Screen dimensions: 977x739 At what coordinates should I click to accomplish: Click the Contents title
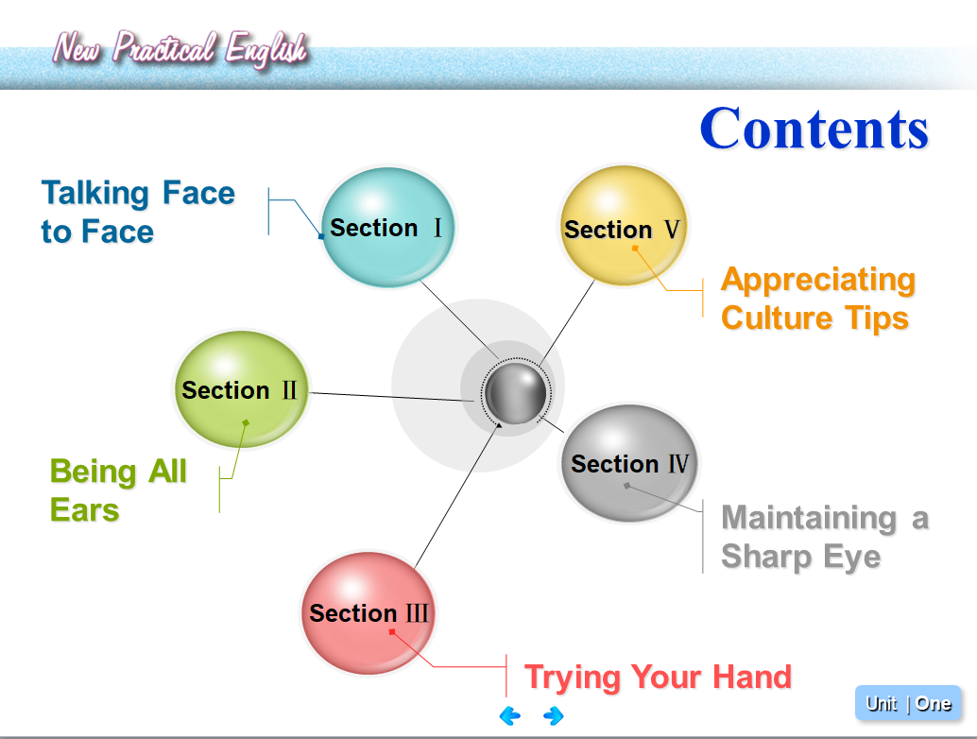(814, 129)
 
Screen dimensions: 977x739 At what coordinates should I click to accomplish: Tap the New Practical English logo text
(180, 48)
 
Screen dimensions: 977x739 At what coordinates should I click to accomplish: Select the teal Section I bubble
(387, 228)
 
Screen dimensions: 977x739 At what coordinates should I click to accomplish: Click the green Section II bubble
(241, 389)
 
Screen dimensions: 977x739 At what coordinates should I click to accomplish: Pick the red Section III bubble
(369, 613)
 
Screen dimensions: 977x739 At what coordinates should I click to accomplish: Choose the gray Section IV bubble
(629, 463)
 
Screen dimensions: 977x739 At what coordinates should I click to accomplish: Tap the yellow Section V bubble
(623, 226)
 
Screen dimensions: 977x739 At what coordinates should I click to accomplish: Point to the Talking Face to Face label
(138, 212)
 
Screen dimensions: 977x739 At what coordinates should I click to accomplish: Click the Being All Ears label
(118, 490)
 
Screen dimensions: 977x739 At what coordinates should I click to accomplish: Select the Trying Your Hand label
(658, 678)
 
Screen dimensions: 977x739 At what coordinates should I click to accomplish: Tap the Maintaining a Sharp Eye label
(825, 537)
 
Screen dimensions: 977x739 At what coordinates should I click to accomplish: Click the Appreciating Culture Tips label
(818, 299)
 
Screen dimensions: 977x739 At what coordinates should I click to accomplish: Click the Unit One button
(908, 703)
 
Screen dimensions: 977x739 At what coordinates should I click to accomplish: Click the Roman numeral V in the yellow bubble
(672, 230)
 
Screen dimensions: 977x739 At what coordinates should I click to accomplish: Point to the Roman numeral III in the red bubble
(417, 613)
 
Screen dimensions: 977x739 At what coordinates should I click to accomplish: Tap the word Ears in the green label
(85, 509)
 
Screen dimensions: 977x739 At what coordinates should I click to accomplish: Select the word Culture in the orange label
(777, 318)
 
